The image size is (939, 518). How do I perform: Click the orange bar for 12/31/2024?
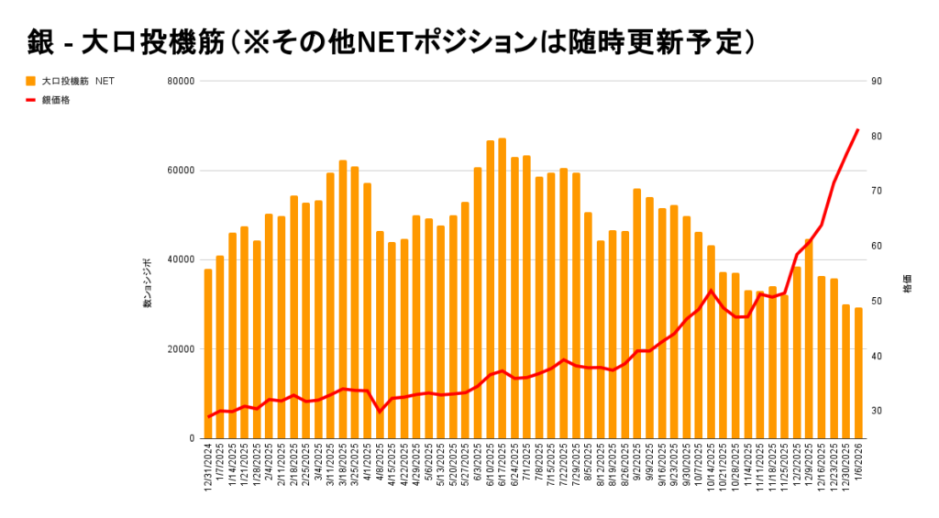(208, 353)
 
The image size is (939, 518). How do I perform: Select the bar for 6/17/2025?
(502, 288)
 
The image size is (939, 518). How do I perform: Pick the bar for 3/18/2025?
(343, 299)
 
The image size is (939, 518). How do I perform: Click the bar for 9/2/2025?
(637, 313)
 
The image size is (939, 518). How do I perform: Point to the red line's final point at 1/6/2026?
(858, 129)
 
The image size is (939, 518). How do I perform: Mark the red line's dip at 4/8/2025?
(380, 412)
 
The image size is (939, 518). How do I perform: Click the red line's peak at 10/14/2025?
(711, 291)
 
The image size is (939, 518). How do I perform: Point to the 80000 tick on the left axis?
(181, 81)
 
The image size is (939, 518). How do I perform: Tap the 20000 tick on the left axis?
(181, 349)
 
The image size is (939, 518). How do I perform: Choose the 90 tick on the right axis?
(877, 81)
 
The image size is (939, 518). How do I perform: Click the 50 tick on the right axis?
(877, 302)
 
